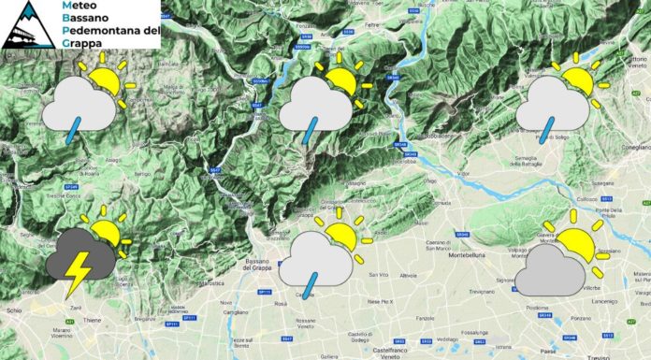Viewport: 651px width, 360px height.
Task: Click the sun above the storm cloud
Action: (x=106, y=233)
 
